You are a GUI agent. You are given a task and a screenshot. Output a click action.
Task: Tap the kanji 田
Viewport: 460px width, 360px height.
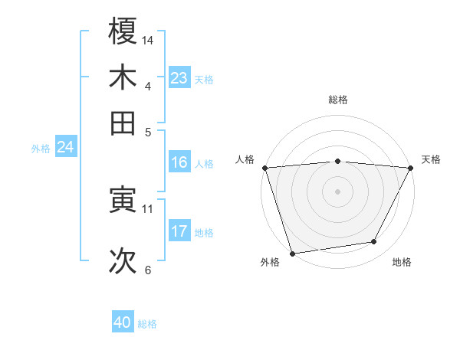(x=123, y=122)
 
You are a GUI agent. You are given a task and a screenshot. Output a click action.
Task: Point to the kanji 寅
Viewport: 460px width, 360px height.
(x=123, y=200)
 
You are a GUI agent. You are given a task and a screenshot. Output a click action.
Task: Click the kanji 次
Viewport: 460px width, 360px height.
(x=123, y=261)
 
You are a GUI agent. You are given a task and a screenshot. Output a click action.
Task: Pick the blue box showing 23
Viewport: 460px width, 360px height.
(x=179, y=78)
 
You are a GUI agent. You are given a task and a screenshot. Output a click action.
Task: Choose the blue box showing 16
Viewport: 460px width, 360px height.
(x=179, y=162)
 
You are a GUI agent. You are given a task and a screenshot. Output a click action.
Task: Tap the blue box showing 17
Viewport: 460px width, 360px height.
(x=179, y=231)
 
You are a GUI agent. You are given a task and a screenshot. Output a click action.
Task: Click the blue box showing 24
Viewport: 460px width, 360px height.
(x=65, y=147)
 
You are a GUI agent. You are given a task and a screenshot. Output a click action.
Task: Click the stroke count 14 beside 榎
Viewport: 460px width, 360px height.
(x=148, y=39)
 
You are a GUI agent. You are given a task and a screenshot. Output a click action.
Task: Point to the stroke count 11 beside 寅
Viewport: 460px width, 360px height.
(x=148, y=208)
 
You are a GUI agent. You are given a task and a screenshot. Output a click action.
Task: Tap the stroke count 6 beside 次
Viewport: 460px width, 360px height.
(x=148, y=270)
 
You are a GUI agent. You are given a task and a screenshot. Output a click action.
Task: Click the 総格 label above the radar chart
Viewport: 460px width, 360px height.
(x=337, y=100)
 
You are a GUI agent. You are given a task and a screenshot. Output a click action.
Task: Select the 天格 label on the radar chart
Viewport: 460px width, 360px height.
(x=431, y=159)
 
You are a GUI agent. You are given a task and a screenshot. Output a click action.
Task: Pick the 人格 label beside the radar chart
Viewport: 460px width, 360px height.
(x=245, y=159)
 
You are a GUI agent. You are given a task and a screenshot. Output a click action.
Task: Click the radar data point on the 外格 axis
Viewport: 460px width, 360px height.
(x=292, y=253)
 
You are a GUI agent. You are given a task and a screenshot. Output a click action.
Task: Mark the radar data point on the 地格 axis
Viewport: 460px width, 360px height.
(x=374, y=242)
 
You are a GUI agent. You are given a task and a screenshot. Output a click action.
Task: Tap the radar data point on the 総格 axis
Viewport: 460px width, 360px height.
(x=337, y=161)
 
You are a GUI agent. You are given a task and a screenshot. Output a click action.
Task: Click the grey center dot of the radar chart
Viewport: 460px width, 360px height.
(x=337, y=191)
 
